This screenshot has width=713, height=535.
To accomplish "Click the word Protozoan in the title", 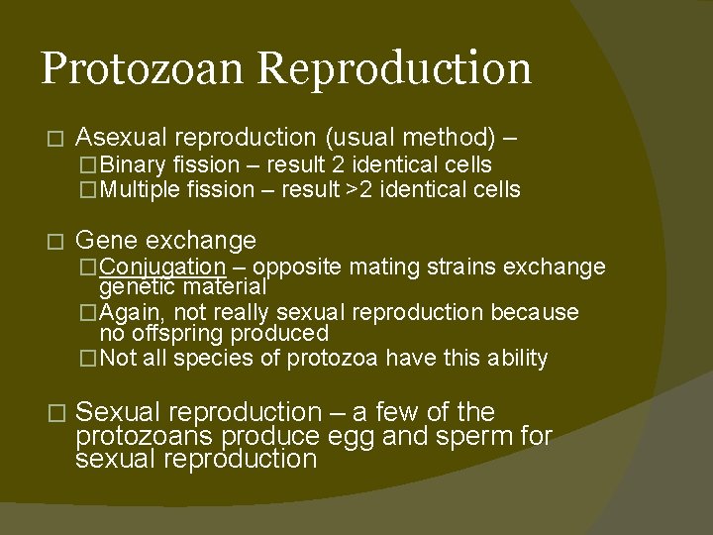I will click(143, 69).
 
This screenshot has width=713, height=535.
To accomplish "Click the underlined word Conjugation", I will click(162, 267).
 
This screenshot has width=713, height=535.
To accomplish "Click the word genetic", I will click(137, 287).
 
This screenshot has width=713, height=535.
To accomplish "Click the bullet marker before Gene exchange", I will click(53, 241).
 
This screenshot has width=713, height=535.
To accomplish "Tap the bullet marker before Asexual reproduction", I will click(53, 137).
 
